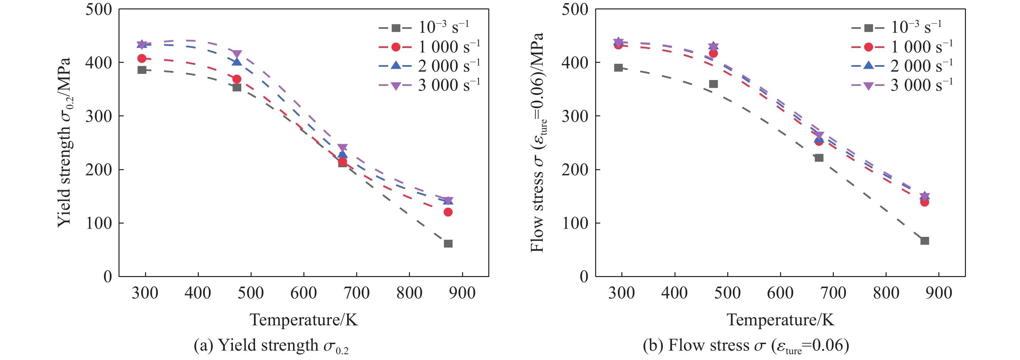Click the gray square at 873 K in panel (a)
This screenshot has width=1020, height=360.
tap(448, 244)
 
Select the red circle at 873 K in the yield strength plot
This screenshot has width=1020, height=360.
tap(448, 212)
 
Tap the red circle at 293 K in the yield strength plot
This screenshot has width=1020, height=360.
tap(142, 58)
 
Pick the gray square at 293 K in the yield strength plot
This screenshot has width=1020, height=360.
tap(142, 70)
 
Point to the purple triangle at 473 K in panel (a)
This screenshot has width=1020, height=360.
tap(237, 54)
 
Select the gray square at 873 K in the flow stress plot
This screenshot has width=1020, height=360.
tap(924, 241)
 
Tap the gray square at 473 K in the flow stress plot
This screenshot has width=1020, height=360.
tap(714, 84)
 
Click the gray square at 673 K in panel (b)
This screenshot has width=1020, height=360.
tap(819, 157)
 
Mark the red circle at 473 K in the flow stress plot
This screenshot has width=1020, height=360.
tap(714, 53)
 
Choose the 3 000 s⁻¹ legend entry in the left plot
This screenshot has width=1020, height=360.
tap(430, 85)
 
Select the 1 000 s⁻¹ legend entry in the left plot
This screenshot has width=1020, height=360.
tap(430, 47)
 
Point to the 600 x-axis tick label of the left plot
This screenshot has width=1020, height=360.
tap(303, 293)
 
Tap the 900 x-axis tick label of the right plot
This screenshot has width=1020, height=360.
tap(939, 293)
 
